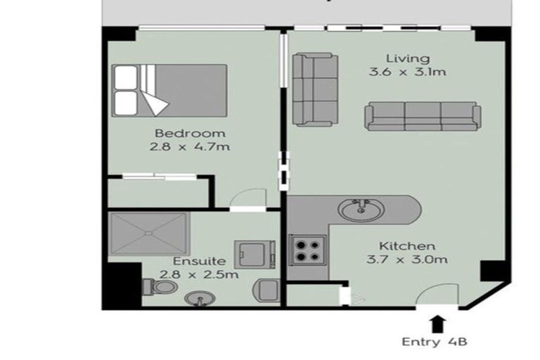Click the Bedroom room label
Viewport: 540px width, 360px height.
point(190,133)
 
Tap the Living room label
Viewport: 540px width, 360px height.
point(408,58)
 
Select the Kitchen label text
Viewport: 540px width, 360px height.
point(408,246)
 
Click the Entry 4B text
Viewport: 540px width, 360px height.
point(435,342)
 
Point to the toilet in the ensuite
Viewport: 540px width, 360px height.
point(159,287)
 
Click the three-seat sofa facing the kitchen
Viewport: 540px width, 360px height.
point(422,116)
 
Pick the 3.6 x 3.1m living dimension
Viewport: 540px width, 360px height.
point(408,72)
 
